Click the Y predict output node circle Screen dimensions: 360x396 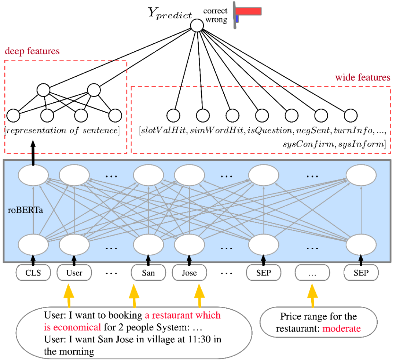(197, 25)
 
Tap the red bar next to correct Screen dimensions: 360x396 (248, 11)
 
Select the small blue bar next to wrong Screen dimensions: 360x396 (237, 18)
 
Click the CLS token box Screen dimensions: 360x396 (33, 273)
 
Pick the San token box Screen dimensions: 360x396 (148, 273)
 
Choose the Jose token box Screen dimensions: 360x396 (189, 273)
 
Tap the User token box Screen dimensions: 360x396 (74, 273)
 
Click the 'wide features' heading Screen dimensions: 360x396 (363, 78)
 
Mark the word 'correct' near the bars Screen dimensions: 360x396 (215, 11)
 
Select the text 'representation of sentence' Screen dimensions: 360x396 (62, 130)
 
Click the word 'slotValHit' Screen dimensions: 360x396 (158, 131)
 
